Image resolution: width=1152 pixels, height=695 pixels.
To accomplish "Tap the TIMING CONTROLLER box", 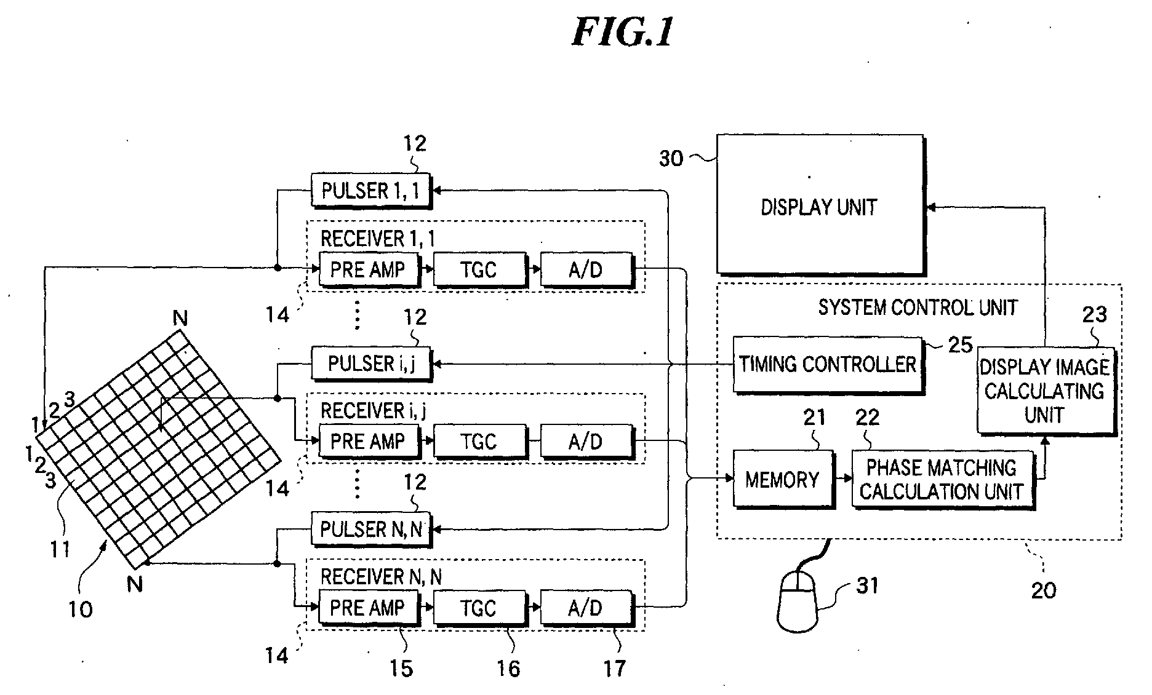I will pos(827,365).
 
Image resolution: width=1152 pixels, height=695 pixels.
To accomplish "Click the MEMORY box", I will pos(783,479).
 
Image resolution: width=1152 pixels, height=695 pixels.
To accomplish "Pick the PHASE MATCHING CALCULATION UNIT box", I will pos(942,479).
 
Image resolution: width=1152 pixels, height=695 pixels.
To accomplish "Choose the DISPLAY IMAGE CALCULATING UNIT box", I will pos(1045,391).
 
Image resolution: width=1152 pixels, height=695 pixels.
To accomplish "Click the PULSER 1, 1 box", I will pos(370,190).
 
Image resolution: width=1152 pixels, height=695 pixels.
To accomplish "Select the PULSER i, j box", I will pos(371,363).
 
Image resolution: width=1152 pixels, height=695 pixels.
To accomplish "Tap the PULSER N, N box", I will pos(370,528).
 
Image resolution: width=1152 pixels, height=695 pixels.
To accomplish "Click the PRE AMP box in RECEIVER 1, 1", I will pos(368,269).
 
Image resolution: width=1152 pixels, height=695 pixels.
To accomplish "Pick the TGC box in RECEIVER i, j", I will pos(479,441).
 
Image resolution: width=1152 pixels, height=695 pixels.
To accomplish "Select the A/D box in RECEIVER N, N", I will pos(585,608).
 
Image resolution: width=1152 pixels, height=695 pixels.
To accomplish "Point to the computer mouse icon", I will pos(798,600).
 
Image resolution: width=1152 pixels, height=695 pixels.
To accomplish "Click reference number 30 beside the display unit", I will pos(671,159).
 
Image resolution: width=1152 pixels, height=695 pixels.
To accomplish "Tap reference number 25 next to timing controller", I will pos(960,345).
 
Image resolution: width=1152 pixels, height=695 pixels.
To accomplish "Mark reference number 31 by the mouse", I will pos(867,586).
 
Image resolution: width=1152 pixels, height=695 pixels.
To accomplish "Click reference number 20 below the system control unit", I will pos(1044,590).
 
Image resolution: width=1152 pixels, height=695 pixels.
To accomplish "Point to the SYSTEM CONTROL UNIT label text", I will pos(917,307).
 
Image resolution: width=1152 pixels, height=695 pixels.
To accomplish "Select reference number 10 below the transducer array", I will pos(80,609).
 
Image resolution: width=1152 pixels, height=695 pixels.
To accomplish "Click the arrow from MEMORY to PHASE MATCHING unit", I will pos(843,479).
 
